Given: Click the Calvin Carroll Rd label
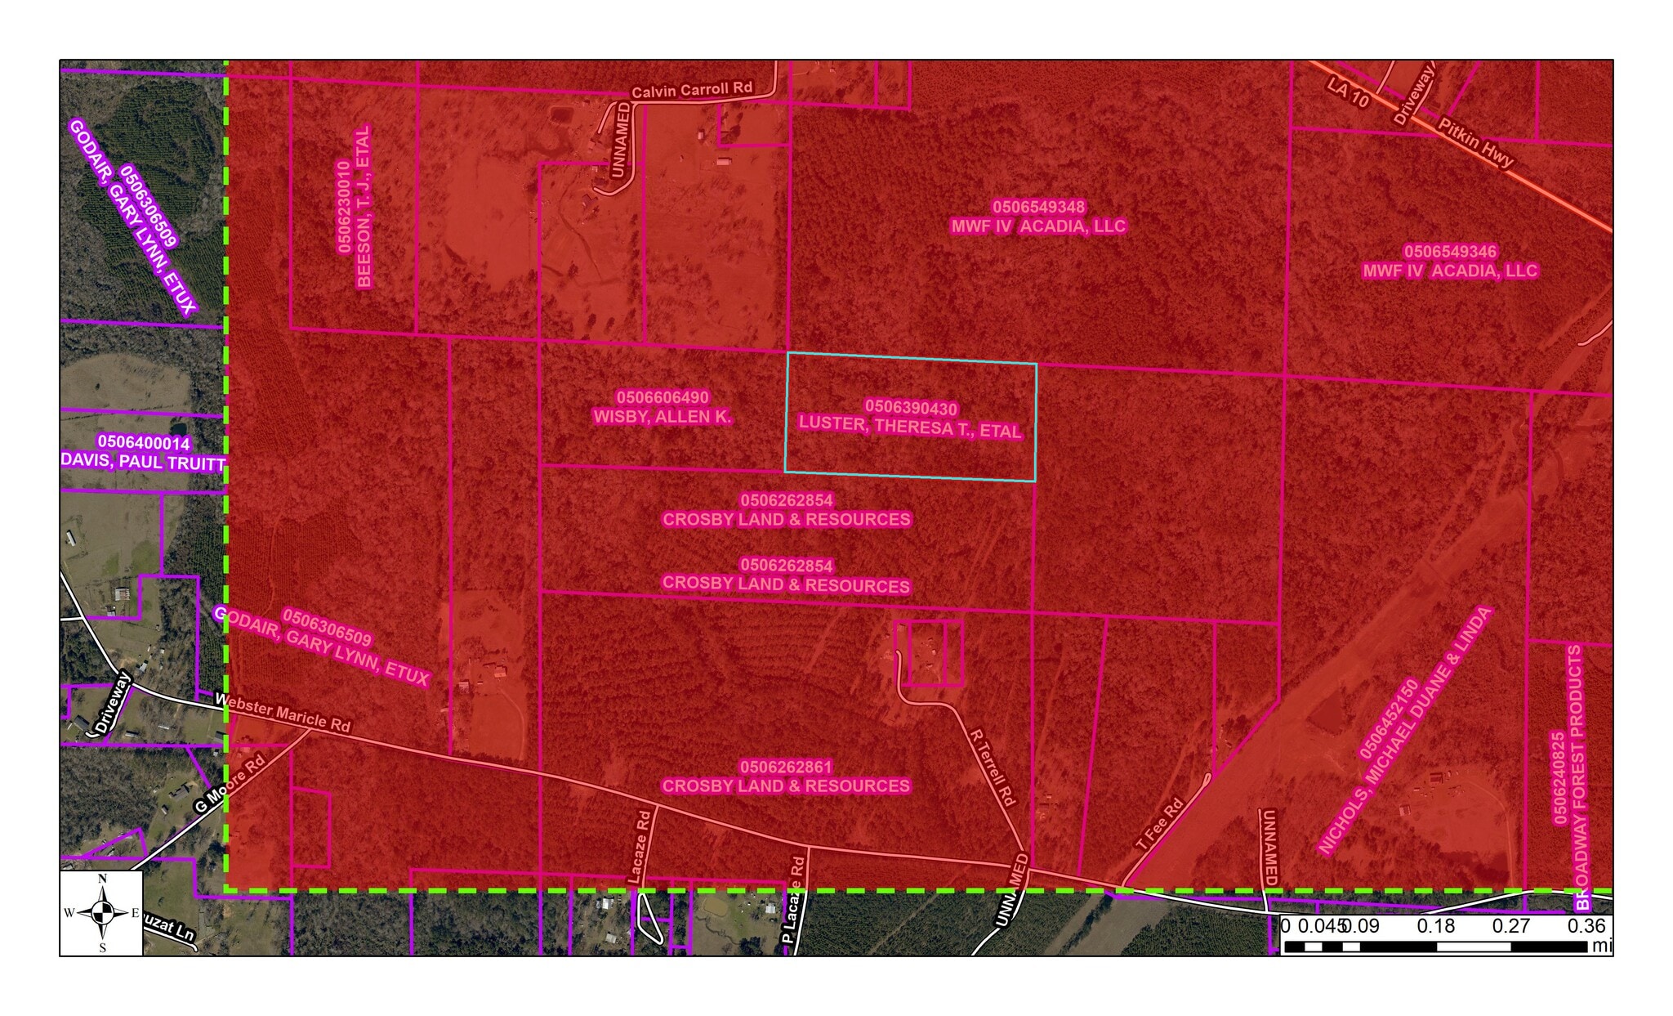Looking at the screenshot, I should coord(691,89).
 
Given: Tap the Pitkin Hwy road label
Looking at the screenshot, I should coord(1475,143).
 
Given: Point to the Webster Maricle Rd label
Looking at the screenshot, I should coord(282,712).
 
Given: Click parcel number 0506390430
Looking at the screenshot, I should coord(911,407).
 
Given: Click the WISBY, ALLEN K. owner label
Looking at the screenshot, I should coord(663,417).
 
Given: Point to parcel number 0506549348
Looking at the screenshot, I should coord(1038,207).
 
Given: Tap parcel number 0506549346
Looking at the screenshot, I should coord(1450,251).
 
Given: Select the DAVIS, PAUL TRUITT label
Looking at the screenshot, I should coord(143,462).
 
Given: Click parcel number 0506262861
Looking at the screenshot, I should coord(786,767).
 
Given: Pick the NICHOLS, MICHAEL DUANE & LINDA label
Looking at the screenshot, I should coord(1405,731).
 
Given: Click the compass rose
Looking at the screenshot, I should coord(102,912).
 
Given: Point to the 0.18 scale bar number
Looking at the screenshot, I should coord(1436,926).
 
